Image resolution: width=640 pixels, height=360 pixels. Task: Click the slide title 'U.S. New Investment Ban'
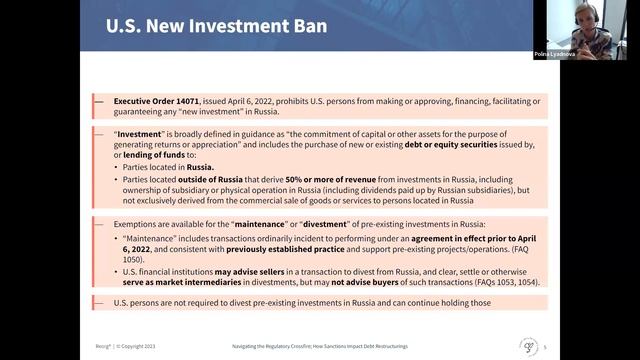[x=217, y=25]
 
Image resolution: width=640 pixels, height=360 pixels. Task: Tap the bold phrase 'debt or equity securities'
[x=467, y=145]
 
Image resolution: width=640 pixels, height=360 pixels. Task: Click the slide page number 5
[x=559, y=346]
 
